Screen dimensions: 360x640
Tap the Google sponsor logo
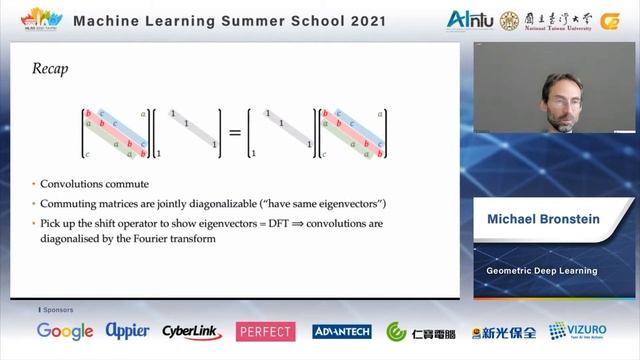(65, 331)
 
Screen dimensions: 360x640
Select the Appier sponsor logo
(128, 331)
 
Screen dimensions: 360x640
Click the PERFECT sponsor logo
(265, 331)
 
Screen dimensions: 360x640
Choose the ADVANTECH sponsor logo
(341, 331)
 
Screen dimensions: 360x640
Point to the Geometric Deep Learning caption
(541, 270)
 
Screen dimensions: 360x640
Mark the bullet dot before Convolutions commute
(35, 185)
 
